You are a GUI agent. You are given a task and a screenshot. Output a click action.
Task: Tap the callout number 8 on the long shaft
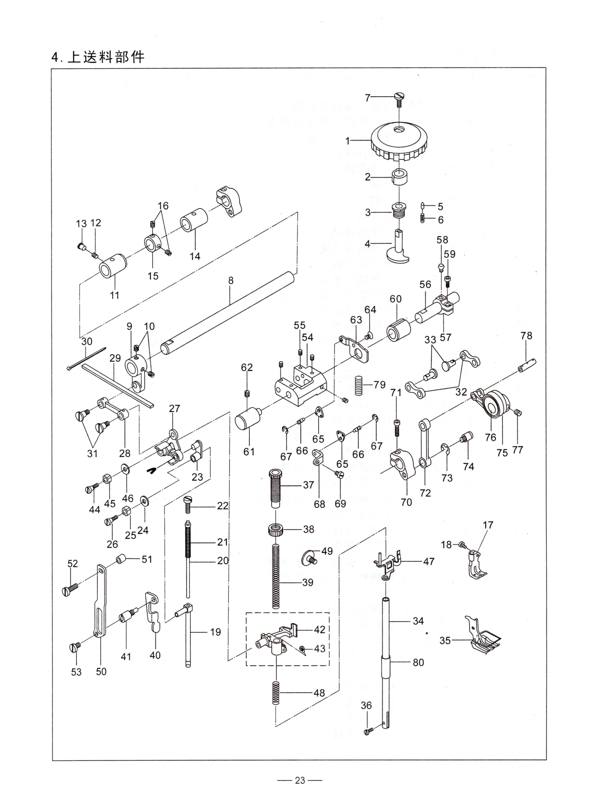tap(231, 280)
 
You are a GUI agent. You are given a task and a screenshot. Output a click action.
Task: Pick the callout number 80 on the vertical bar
tap(418, 662)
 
